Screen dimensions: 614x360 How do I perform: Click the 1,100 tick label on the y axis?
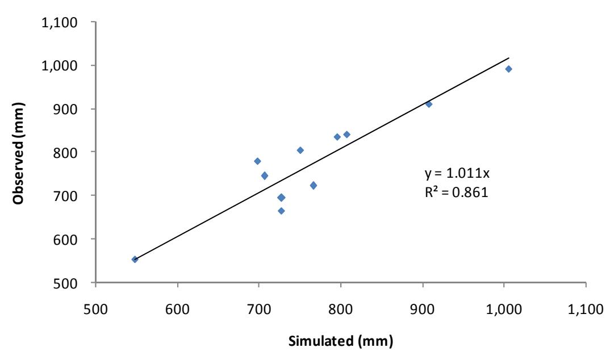point(60,23)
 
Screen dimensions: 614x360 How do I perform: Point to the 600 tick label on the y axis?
point(65,239)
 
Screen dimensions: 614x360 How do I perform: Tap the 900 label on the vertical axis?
point(65,109)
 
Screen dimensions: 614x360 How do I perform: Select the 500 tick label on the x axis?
point(95,309)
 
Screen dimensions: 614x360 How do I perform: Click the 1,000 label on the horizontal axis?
point(504,309)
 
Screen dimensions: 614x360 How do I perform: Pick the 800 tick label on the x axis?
point(341,309)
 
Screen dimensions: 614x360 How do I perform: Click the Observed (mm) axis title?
point(18,153)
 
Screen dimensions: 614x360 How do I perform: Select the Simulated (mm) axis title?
point(341,341)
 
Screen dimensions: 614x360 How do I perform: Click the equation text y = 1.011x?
point(457,173)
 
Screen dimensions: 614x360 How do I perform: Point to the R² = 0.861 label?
point(457,192)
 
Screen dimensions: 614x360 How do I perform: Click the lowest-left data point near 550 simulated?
point(135,259)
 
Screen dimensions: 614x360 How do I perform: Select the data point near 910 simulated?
point(429,104)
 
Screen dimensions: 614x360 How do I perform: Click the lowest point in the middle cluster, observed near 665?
point(281,211)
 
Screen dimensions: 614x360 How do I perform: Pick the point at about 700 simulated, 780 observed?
point(257,161)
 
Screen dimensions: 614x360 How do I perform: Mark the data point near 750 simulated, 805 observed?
point(300,150)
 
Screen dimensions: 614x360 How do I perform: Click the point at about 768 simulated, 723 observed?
point(314,186)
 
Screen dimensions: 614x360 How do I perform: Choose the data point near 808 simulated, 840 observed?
point(346,135)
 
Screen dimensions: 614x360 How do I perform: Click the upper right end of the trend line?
point(509,58)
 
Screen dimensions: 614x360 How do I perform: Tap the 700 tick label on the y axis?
point(65,196)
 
